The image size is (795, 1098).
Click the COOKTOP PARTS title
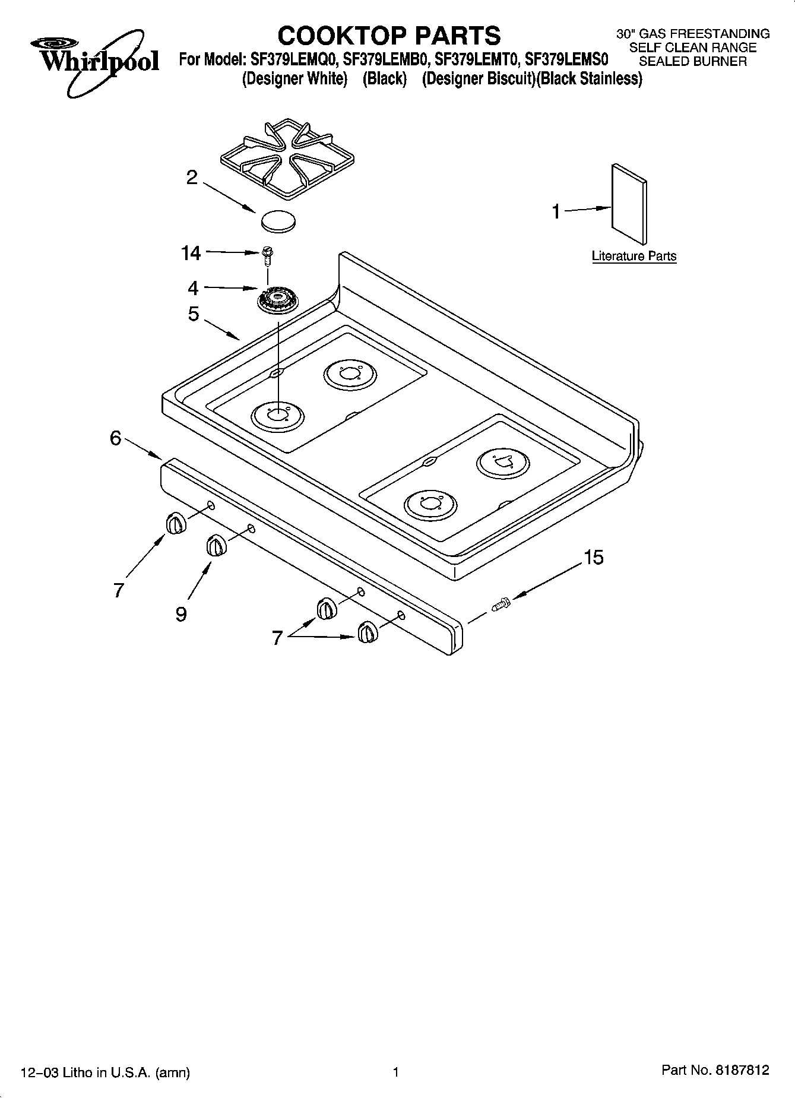point(389,36)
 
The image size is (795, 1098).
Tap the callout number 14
point(191,254)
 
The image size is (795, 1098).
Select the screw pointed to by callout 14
point(267,255)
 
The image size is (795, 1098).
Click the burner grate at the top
point(287,157)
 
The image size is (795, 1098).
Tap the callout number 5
point(194,314)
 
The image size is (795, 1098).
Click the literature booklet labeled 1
point(629,204)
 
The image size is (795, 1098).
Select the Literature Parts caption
point(634,257)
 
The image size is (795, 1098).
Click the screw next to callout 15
point(501,605)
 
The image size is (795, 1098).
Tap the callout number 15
point(593,558)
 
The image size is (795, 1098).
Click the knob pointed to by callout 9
point(216,546)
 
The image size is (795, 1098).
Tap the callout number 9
point(181,614)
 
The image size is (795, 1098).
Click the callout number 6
point(115,438)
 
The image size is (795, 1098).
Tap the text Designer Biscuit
point(474,80)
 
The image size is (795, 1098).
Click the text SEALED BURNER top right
point(692,62)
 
